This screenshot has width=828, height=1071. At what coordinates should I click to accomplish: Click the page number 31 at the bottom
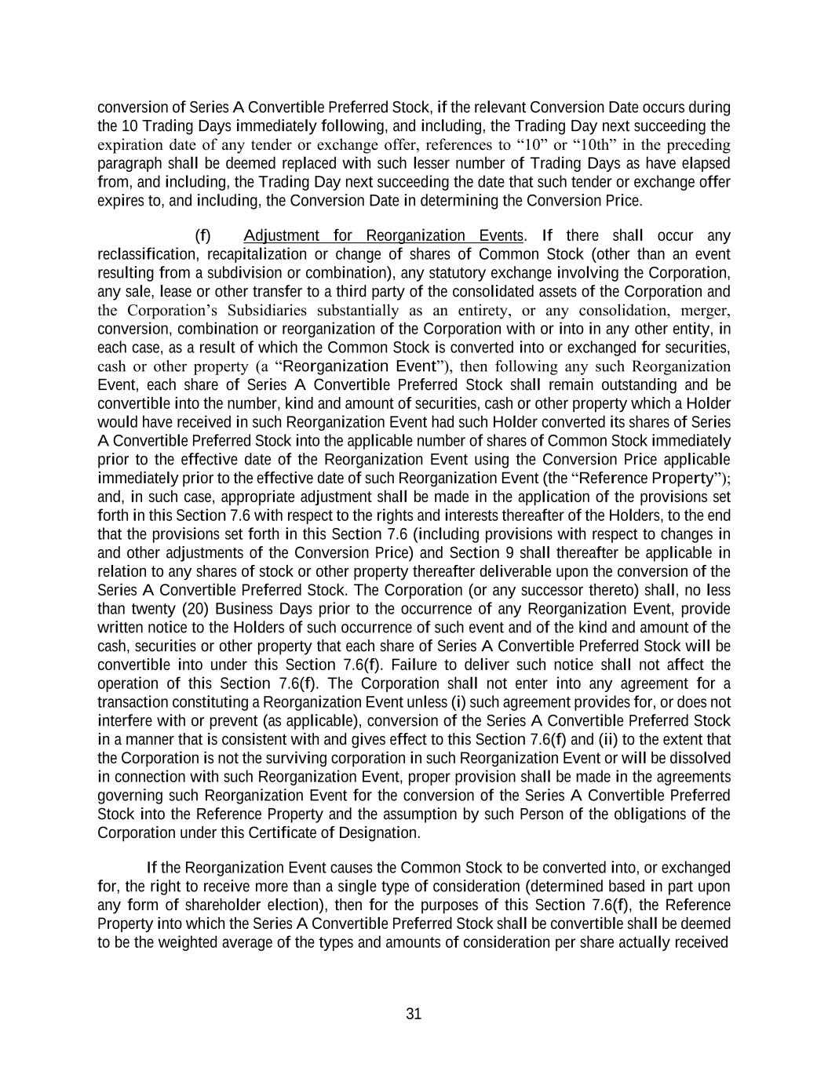pyautogui.click(x=414, y=1014)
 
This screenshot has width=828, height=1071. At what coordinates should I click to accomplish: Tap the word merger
pyautogui.click(x=707, y=311)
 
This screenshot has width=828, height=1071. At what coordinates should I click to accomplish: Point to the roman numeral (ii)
pyautogui.click(x=610, y=740)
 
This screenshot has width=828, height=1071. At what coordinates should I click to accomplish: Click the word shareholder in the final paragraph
pyautogui.click(x=207, y=905)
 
